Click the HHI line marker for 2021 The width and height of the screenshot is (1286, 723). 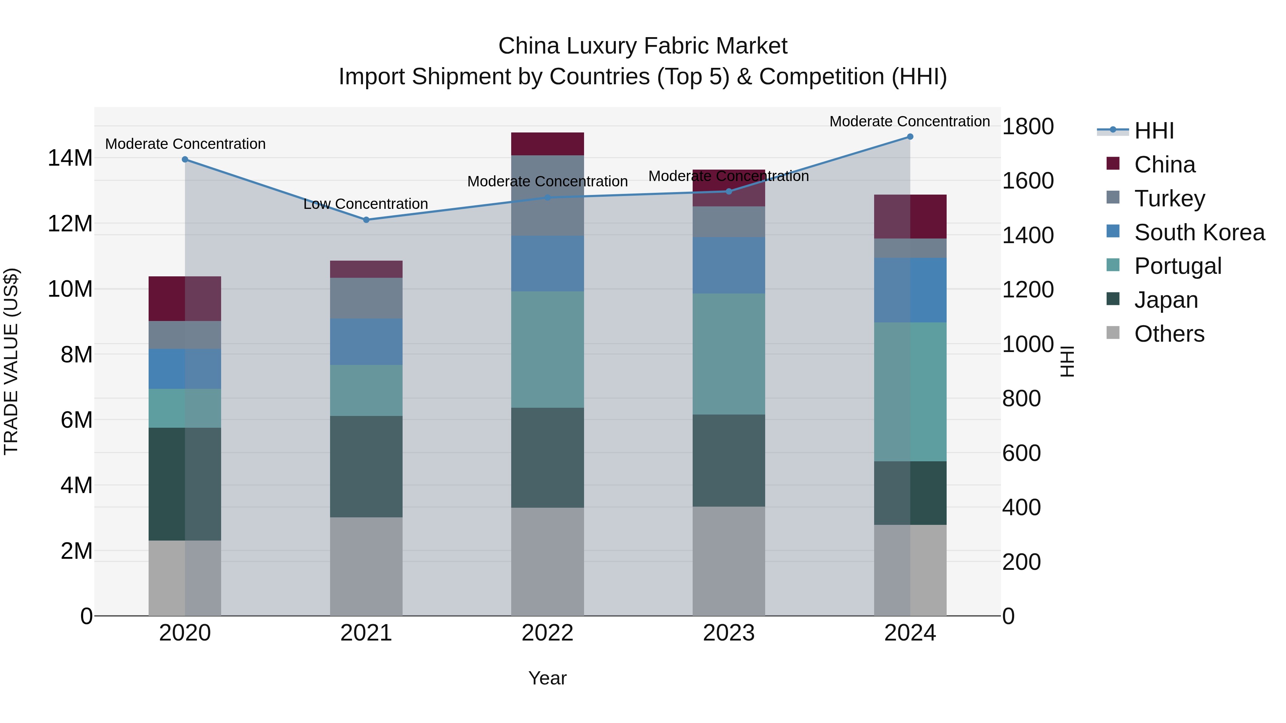coord(366,220)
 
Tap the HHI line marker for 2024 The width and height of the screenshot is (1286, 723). coord(909,137)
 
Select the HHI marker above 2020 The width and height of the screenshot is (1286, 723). coord(185,159)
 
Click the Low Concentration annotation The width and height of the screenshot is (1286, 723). coord(365,204)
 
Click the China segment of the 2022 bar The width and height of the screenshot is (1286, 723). coord(547,144)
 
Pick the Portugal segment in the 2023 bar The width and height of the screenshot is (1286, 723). coord(728,354)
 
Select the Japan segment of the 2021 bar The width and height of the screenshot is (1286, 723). coord(366,467)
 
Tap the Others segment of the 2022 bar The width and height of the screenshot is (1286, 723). coord(547,561)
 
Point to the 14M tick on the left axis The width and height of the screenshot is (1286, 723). coord(70,158)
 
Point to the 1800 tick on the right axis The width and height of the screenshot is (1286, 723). coord(1028,126)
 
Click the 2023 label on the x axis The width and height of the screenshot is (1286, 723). coord(728,633)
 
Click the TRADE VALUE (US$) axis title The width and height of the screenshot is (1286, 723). coord(11,361)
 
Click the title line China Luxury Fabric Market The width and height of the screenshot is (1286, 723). coord(643,46)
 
